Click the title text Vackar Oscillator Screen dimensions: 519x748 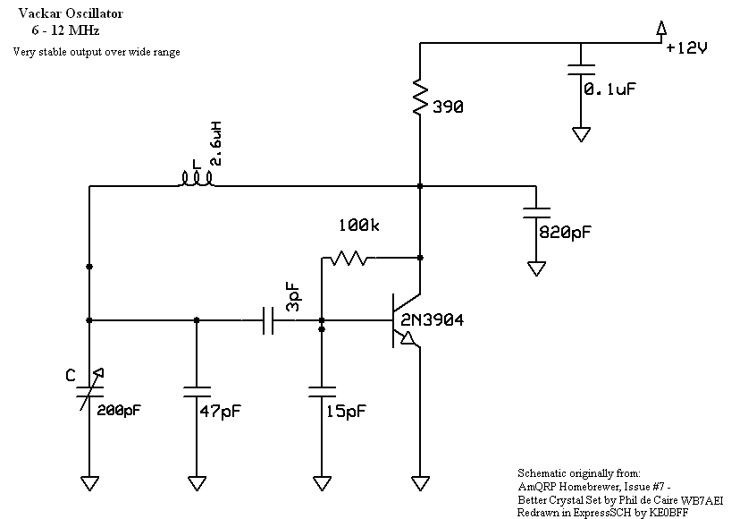pos(62,14)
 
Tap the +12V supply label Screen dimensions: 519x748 pos(686,49)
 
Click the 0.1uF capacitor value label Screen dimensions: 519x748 pos(610,89)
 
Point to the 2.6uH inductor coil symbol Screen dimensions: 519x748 pos(197,181)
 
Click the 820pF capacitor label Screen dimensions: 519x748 pos(564,232)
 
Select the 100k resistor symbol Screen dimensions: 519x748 pos(346,259)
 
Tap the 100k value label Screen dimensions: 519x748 pos(357,227)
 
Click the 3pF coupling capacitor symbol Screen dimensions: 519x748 pos(268,320)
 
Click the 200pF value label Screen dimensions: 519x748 pos(118,412)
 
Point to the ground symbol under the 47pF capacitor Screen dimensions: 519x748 pos(197,482)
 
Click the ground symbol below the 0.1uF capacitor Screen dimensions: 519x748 pos(581,134)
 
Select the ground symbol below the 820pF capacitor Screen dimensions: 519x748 pos(536,267)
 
